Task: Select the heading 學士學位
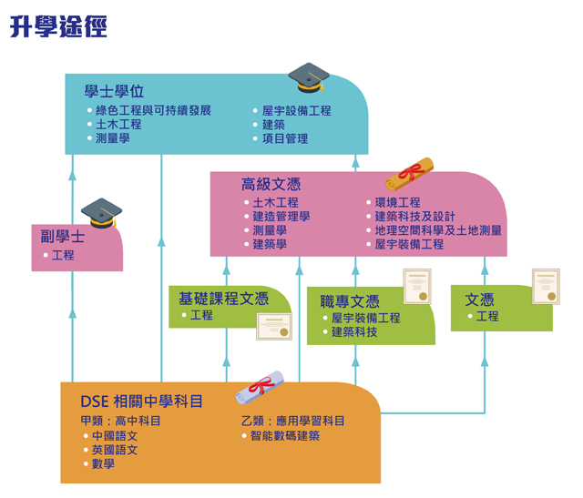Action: point(114,92)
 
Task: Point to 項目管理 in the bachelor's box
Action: point(285,138)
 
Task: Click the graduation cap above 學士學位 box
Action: point(308,77)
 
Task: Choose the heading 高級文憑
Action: point(264,185)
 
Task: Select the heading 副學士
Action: point(62,238)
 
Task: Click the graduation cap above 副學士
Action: point(100,213)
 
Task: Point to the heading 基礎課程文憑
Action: point(223,298)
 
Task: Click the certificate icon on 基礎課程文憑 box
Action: point(274,326)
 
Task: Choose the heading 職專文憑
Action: point(349,301)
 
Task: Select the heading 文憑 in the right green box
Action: point(479,300)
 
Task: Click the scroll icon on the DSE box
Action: point(256,390)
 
